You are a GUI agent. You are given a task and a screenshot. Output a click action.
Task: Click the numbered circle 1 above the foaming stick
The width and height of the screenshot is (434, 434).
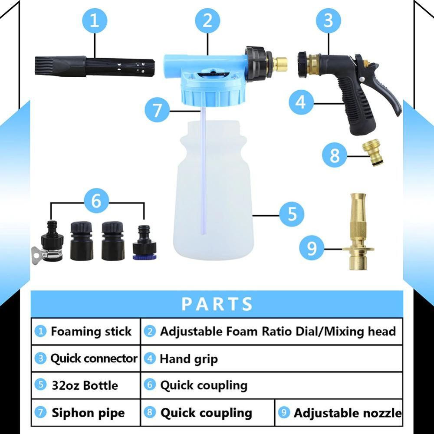[94, 21]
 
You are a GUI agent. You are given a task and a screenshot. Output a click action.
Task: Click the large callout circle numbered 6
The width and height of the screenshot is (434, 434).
[96, 201]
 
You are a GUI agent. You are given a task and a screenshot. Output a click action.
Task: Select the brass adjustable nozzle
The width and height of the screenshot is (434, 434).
[358, 234]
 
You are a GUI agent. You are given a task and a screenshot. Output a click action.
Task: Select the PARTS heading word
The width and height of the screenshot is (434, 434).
[217, 304]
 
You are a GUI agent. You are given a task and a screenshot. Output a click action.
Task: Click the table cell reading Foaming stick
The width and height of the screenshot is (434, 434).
[86, 332]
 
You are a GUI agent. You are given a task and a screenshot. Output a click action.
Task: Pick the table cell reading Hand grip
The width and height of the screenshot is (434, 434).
[188, 359]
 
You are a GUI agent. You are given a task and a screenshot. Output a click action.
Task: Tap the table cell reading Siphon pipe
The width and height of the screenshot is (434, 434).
[86, 413]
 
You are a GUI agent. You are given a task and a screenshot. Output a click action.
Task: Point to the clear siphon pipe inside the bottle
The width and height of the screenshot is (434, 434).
[202, 174]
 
